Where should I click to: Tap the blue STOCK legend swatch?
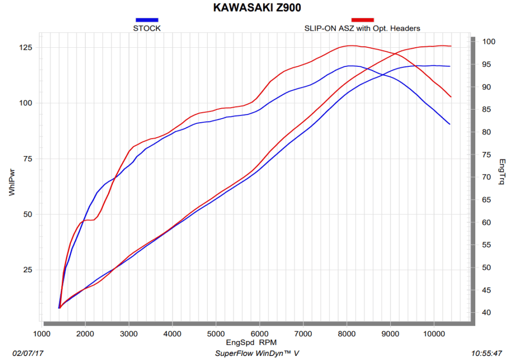click(147, 20)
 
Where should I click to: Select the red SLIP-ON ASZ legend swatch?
click(362, 20)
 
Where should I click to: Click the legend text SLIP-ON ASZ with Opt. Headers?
click(362, 28)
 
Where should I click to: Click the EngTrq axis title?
click(501, 172)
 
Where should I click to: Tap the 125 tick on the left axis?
click(26, 48)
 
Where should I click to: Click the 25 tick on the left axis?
click(28, 270)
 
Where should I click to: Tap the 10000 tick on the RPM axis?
click(434, 334)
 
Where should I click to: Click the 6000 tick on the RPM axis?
click(260, 334)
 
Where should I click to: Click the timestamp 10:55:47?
click(487, 353)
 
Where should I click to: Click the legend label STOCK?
click(147, 28)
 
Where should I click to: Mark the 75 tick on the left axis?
click(28, 159)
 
